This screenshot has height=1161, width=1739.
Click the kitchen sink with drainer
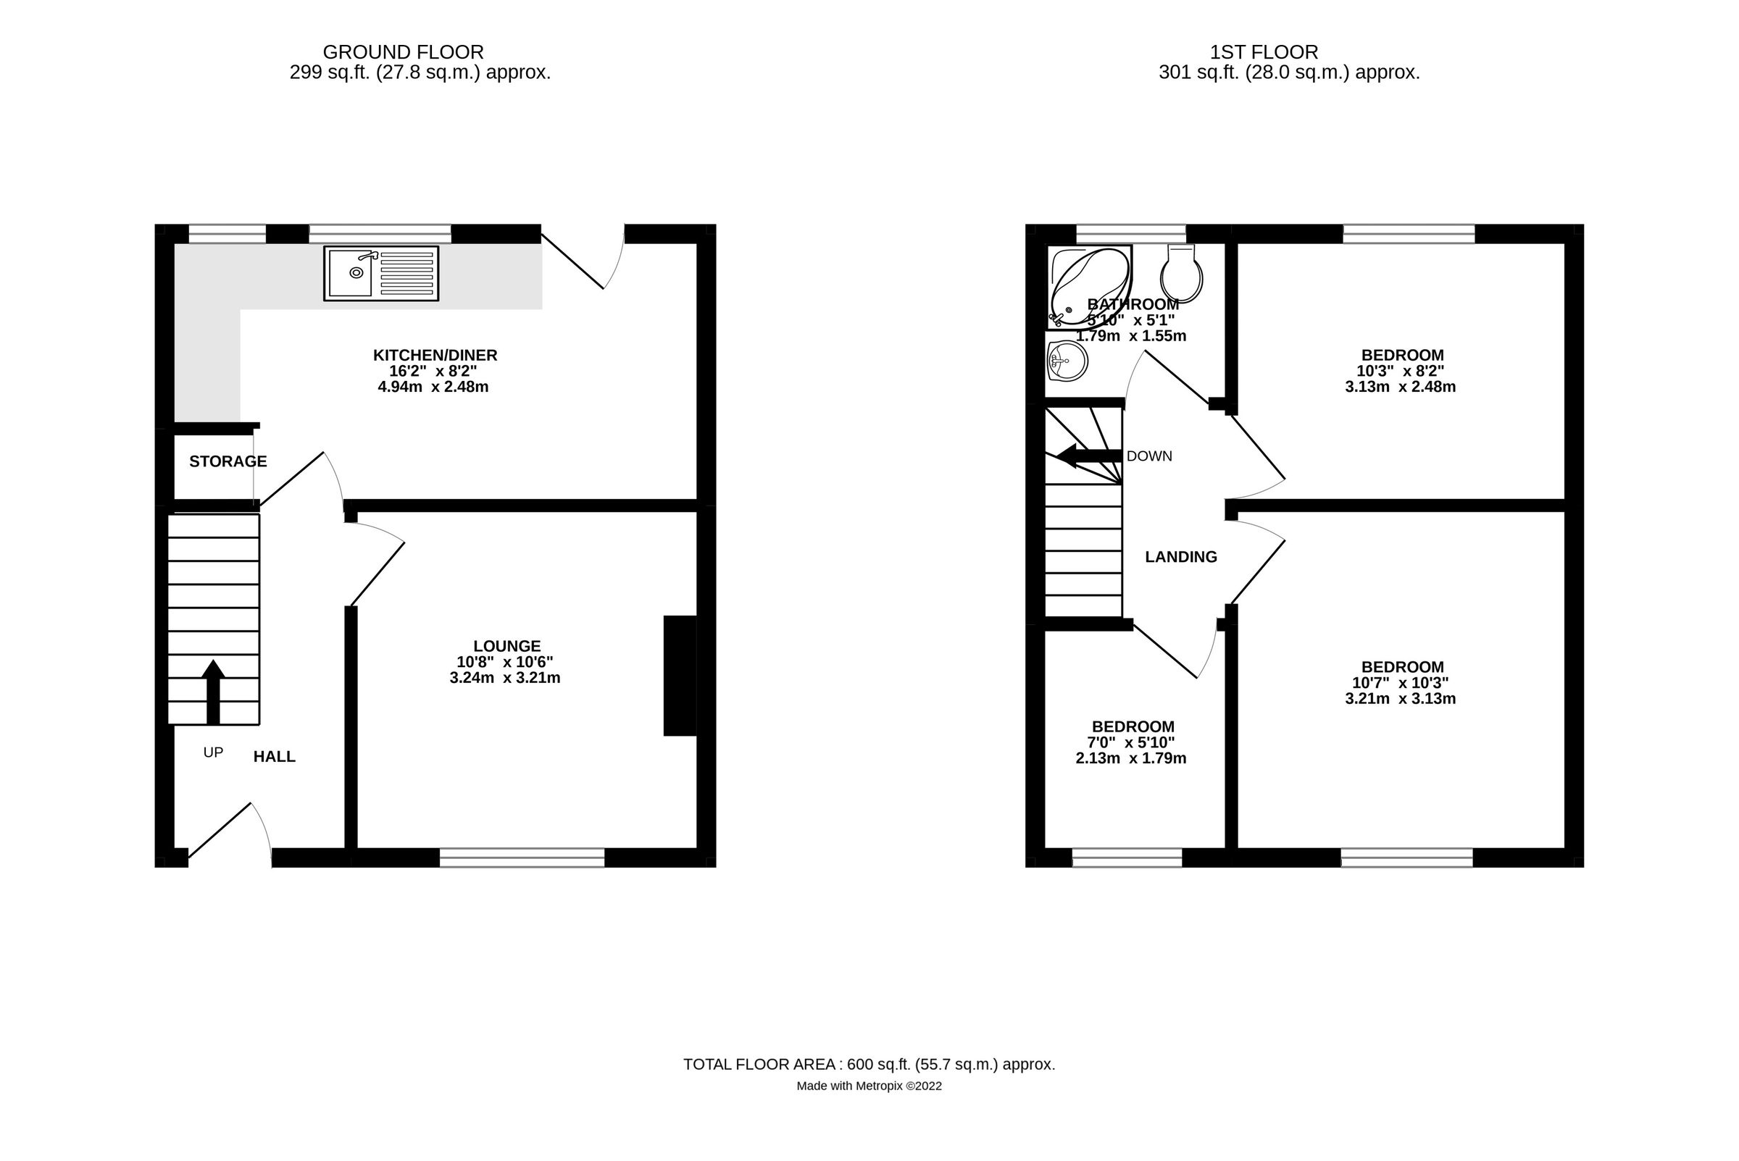380,273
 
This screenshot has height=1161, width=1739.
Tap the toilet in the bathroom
1180,274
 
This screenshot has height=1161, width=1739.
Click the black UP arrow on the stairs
213,691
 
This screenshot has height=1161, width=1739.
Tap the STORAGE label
228,461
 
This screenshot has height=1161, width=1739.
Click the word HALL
274,757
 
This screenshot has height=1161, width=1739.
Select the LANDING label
1180,557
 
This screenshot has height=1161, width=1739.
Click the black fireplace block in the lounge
679,675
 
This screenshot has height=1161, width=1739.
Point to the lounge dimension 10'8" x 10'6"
505,662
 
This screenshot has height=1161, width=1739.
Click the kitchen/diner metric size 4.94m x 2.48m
433,387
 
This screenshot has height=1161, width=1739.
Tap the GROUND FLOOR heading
403,53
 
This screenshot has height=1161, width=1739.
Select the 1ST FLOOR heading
1264,53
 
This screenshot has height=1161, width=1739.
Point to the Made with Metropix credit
868,1086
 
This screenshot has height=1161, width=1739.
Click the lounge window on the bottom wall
522,858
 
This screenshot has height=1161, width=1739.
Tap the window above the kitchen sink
379,233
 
